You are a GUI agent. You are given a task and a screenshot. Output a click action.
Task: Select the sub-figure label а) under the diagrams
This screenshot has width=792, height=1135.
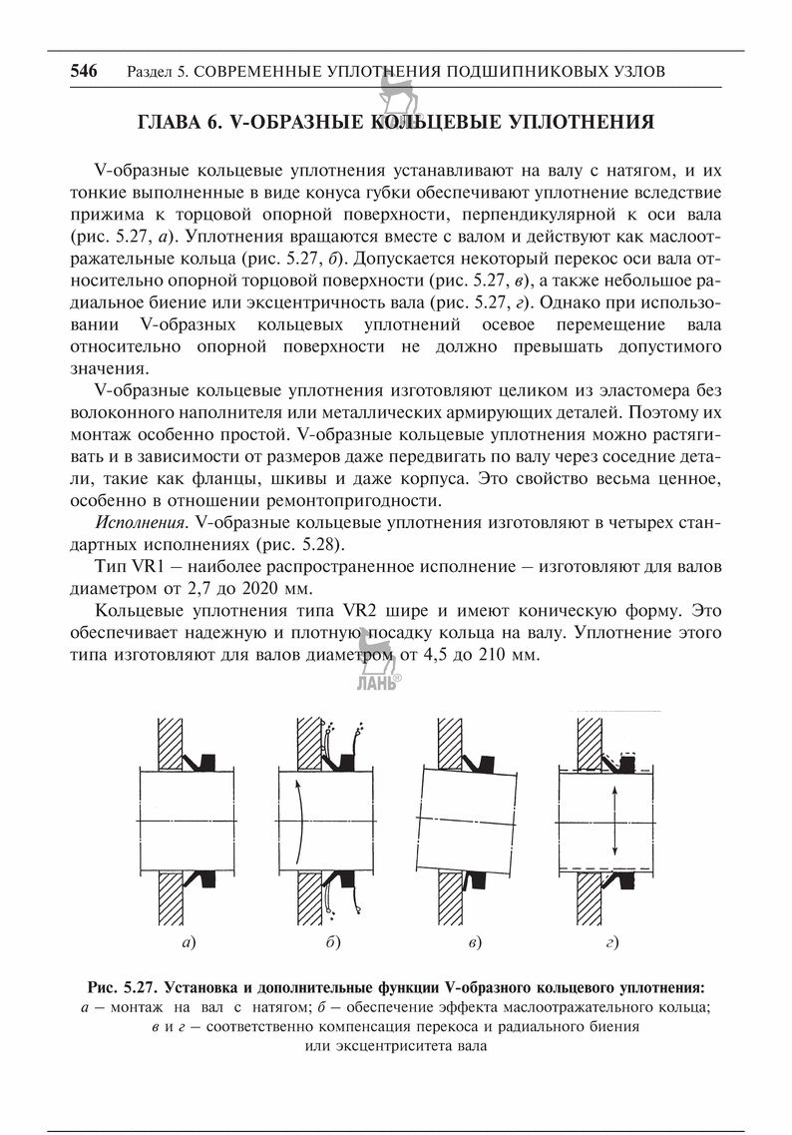(x=187, y=940)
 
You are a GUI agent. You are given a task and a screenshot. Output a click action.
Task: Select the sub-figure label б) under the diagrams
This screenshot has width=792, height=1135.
(x=332, y=940)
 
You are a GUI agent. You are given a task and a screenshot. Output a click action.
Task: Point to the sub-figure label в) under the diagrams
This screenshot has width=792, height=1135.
(x=474, y=940)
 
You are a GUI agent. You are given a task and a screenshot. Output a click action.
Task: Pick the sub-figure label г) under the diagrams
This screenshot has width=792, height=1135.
(x=611, y=940)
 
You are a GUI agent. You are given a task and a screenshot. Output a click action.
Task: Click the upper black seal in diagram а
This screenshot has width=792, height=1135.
(x=208, y=762)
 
